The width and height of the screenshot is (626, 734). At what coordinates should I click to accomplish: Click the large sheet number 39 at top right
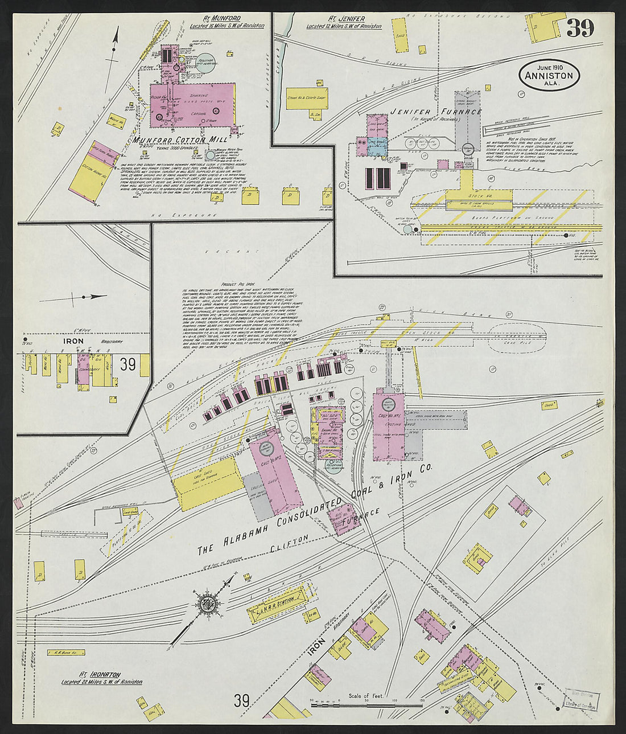click(x=580, y=28)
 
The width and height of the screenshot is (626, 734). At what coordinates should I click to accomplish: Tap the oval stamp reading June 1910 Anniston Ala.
click(x=549, y=75)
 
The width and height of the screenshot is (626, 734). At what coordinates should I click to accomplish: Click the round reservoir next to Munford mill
click(x=205, y=61)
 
